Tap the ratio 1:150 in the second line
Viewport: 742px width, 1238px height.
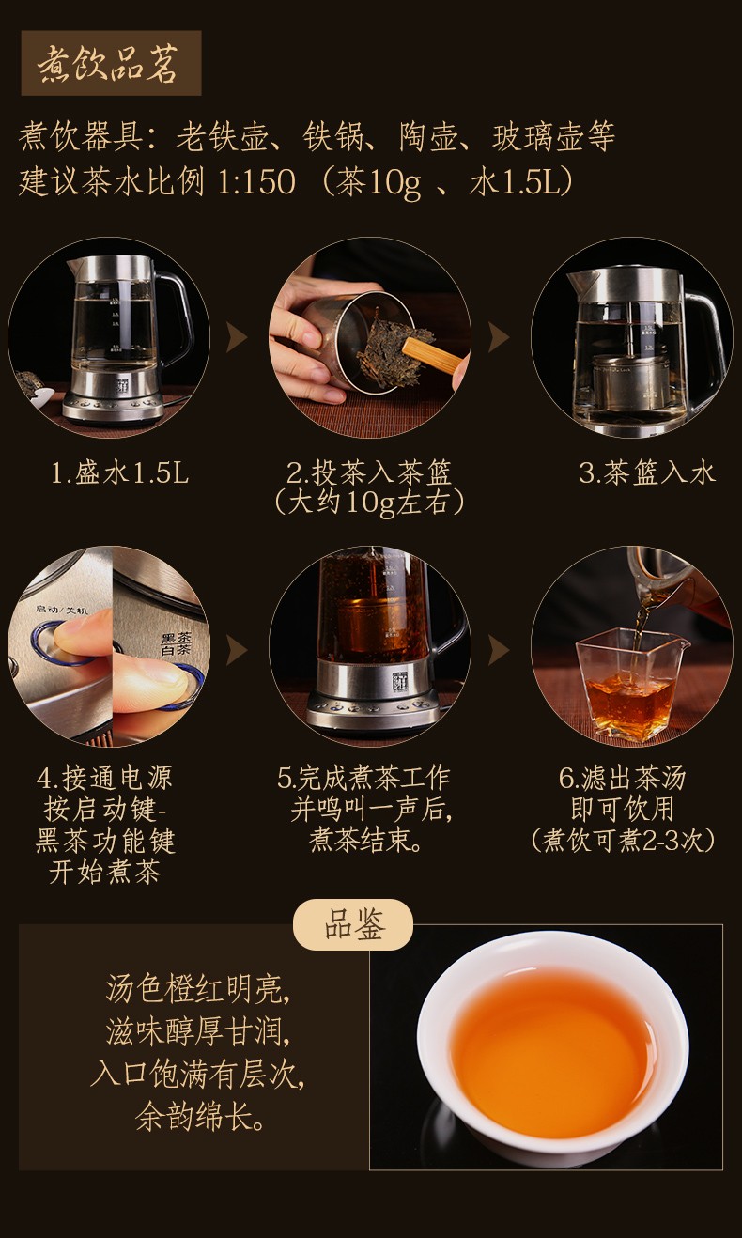pos(257,181)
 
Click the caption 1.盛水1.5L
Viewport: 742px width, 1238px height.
pos(120,473)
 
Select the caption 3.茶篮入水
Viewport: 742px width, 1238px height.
pos(647,473)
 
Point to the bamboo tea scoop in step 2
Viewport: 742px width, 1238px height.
pos(432,357)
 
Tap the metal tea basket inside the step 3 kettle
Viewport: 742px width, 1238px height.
pos(631,382)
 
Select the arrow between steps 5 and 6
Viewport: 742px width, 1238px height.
pos(499,650)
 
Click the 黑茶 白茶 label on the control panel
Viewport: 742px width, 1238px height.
pos(177,645)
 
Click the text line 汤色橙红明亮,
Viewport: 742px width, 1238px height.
pos(198,989)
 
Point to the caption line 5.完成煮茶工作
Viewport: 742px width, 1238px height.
pos(363,778)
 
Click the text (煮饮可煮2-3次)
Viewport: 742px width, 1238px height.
pos(624,840)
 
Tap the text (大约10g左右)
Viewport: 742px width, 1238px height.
pos(369,503)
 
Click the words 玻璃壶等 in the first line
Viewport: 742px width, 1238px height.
pos(553,136)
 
